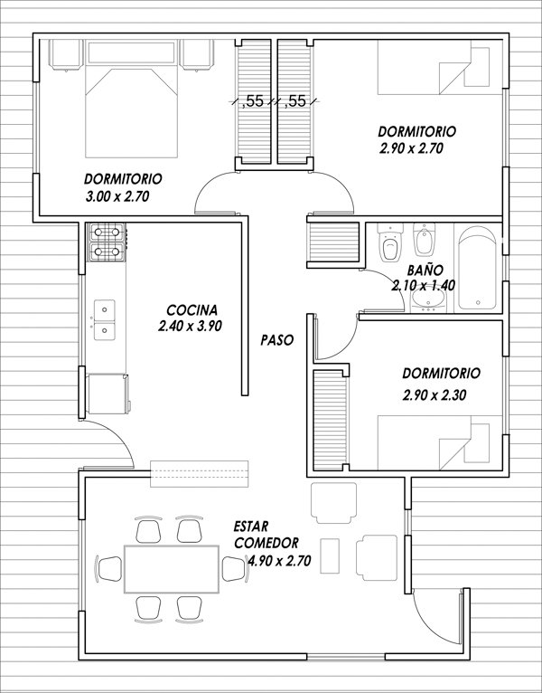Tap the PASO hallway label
(276, 341)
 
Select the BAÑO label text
(423, 270)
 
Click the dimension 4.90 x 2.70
(279, 561)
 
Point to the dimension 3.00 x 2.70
(117, 195)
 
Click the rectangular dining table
(172, 567)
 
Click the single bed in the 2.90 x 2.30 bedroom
(438, 443)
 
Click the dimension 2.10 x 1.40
(423, 285)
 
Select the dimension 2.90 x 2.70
(411, 149)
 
